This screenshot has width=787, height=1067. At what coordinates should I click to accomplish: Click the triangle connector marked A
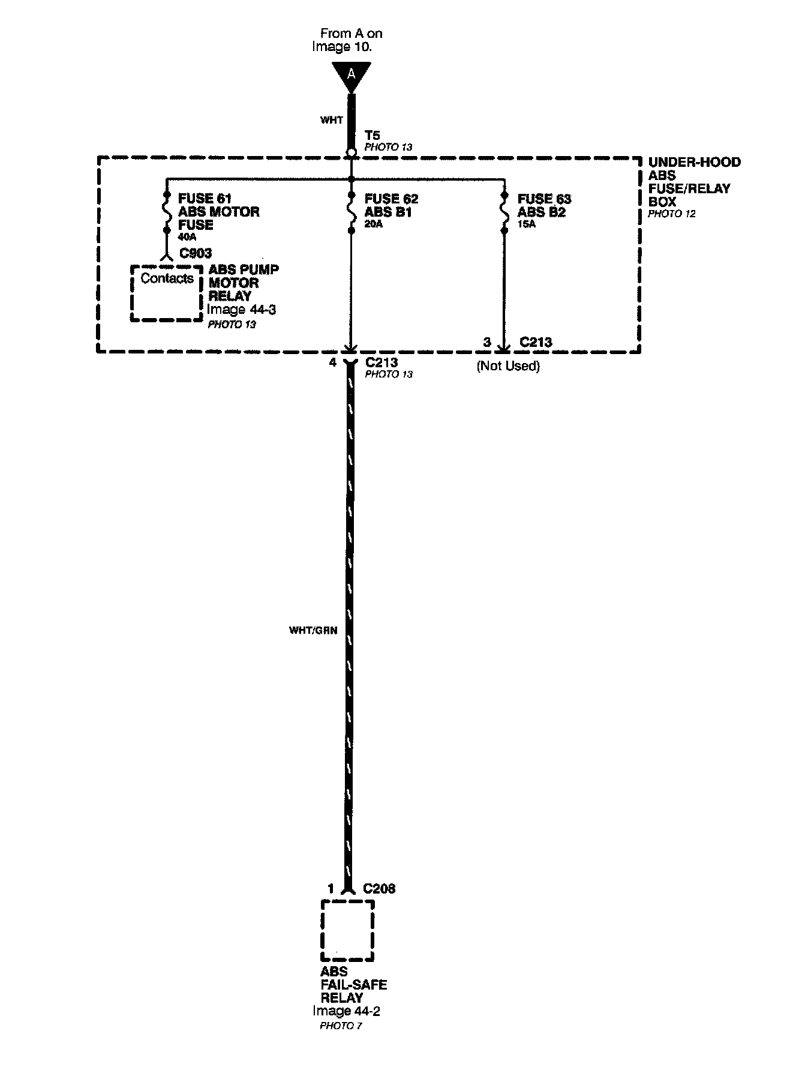[351, 76]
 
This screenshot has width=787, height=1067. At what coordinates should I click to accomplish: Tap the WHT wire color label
[331, 120]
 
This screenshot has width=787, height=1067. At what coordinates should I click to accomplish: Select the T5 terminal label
[372, 136]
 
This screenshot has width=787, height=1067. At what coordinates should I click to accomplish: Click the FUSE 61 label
[205, 198]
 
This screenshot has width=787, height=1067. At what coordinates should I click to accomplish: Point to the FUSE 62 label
[391, 199]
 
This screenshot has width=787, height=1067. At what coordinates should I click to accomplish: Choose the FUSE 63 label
[545, 199]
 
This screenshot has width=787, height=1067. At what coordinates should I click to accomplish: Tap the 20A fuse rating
[374, 224]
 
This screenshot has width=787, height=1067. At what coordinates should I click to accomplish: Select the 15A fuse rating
[527, 224]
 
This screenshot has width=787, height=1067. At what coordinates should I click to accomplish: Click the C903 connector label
[196, 254]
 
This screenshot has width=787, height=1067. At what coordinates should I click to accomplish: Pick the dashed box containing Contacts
[167, 293]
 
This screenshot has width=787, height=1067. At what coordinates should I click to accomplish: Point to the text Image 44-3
[241, 310]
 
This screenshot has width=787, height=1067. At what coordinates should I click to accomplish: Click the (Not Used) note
[508, 366]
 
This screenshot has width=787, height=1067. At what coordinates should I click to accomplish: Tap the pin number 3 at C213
[487, 342]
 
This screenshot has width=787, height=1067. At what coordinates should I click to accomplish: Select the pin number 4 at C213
[333, 362]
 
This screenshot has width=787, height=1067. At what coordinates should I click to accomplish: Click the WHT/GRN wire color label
[313, 630]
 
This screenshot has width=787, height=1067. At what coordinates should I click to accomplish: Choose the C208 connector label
[379, 889]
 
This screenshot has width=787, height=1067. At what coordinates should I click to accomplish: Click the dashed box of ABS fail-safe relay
[348, 930]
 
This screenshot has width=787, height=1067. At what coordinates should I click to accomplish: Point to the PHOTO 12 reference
[672, 214]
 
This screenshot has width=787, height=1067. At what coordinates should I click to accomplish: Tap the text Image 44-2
[346, 1011]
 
